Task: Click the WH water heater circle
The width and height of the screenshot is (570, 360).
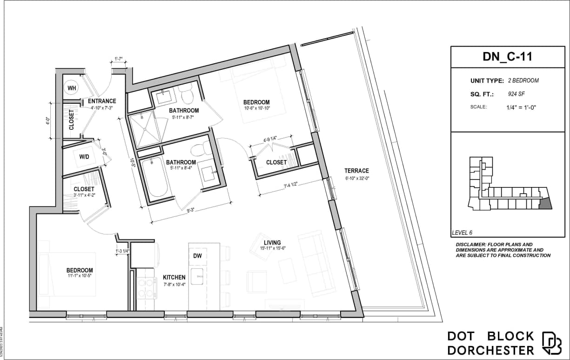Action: coord(72,88)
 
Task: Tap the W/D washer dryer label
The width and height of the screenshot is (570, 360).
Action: coord(84,157)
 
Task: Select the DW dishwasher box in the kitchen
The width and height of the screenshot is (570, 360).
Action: coord(197,255)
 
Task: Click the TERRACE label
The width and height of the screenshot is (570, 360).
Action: coord(356,171)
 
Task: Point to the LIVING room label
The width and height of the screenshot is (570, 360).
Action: coord(272,242)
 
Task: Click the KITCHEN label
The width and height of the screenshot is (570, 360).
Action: coord(174,277)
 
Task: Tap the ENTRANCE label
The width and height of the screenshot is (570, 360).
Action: coord(102,101)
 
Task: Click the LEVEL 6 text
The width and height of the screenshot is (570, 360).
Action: coord(465,233)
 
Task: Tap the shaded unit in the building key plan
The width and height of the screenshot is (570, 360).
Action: coord(545,203)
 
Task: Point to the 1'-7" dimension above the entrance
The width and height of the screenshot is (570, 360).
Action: coord(118,59)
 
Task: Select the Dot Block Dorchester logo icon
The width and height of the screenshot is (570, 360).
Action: coord(551,343)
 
